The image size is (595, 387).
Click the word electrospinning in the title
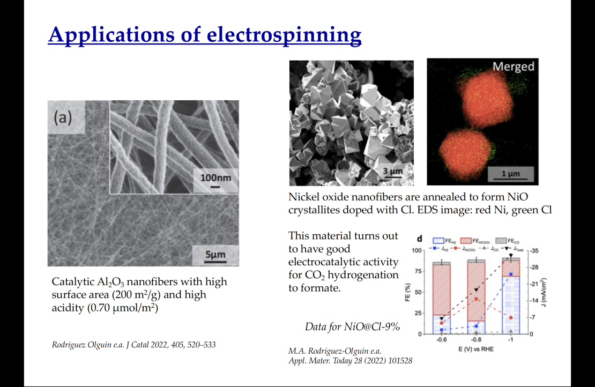(284, 35)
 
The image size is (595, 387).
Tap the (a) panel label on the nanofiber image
(63, 117)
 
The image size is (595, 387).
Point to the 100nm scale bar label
(215, 177)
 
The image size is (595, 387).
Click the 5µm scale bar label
(215, 254)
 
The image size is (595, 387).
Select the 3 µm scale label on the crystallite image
(392, 171)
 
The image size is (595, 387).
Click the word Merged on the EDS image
(513, 66)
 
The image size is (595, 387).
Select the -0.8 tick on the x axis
(476, 340)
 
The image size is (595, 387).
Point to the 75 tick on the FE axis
(418, 271)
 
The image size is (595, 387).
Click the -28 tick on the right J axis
(534, 267)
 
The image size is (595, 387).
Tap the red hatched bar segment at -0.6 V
(442, 291)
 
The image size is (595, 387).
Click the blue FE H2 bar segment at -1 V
(511, 306)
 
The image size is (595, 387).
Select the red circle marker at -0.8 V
(476, 299)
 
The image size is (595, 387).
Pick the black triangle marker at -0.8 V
(476, 291)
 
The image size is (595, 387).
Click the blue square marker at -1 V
(511, 274)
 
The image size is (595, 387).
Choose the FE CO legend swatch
(501, 241)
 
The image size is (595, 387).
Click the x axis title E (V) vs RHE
(476, 349)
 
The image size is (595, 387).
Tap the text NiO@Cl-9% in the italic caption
(372, 327)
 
